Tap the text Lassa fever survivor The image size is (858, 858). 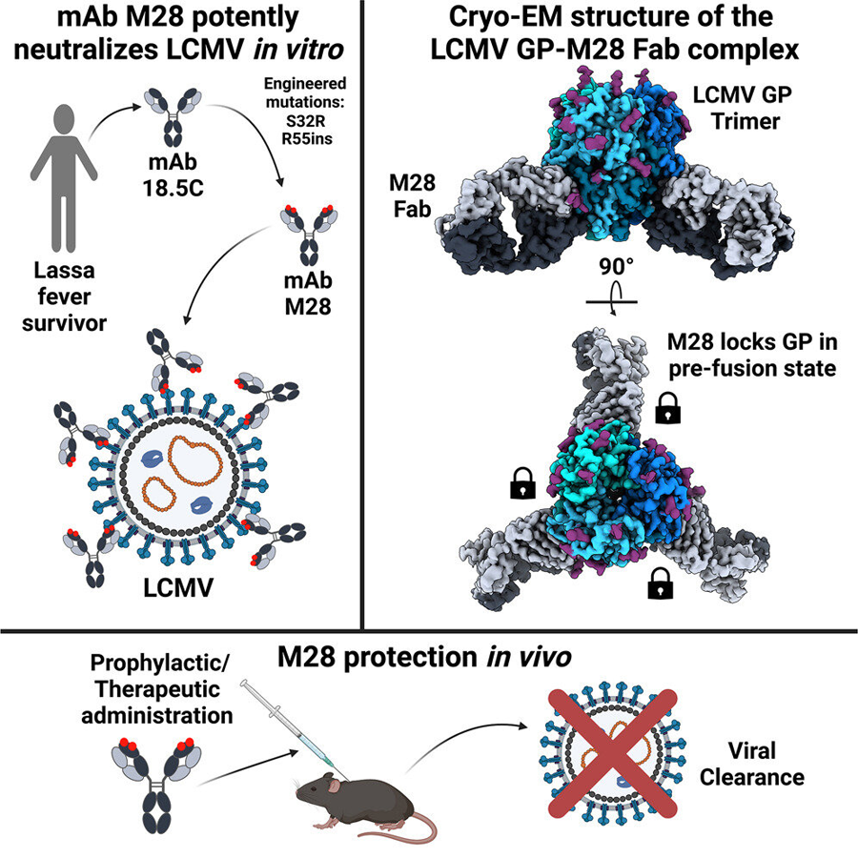click(x=60, y=301)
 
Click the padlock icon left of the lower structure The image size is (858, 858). click(x=521, y=484)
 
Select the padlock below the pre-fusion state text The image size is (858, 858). click(x=671, y=412)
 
